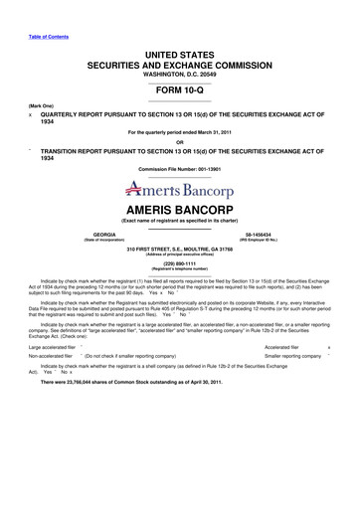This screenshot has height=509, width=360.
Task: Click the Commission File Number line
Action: click(x=179, y=170)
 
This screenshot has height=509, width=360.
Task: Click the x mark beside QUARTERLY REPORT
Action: click(x=31, y=112)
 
